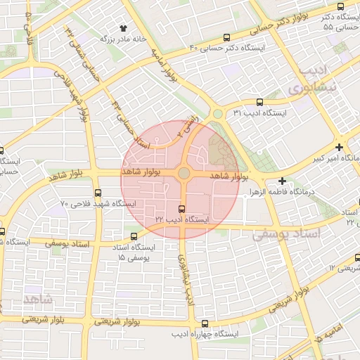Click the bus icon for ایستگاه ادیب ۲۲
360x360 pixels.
point(182,209)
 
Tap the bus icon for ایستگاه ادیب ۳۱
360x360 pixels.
point(259,102)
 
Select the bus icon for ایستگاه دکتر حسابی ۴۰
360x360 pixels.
point(226,37)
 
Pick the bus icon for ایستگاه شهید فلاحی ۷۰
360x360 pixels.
point(97,193)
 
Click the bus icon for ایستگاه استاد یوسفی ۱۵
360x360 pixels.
point(134,236)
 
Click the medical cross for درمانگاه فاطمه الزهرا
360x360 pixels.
point(282,181)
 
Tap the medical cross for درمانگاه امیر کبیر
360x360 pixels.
point(340,148)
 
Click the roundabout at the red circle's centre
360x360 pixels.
point(183,173)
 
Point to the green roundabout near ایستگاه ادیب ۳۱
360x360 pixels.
point(218,113)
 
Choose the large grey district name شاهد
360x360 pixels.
point(37,299)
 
